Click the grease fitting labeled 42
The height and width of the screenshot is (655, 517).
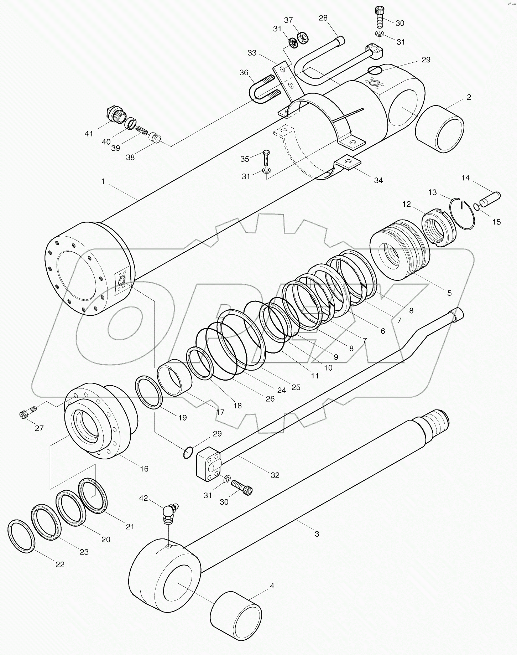pos(169,514)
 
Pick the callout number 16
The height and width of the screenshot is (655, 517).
pos(144,469)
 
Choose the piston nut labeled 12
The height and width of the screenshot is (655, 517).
pos(439,228)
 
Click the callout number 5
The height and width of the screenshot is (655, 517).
pos(449,293)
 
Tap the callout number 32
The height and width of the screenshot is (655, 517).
pos(275,475)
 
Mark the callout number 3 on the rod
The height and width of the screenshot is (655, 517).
pos(317,534)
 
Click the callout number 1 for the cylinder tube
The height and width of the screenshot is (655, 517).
pos(103,181)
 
